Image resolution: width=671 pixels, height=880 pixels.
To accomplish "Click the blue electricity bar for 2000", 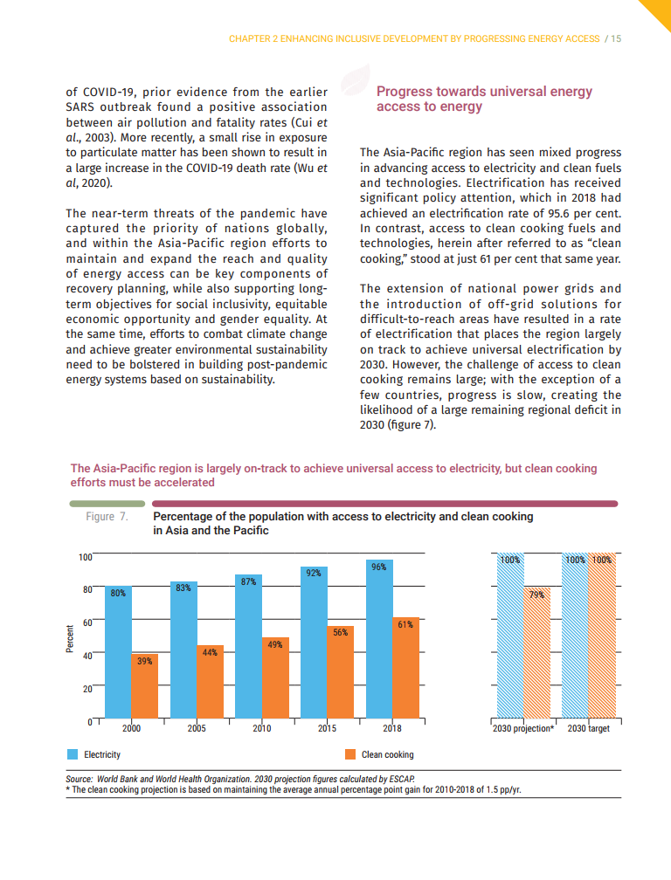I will coord(118,655).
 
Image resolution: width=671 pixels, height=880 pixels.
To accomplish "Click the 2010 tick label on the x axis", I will coord(261,728).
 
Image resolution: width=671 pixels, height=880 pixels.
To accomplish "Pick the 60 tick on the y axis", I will coord(86,622).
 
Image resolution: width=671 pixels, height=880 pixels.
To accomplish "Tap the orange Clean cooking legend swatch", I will coord(351,754).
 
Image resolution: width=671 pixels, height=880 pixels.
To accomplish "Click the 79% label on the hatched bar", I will coord(536,595).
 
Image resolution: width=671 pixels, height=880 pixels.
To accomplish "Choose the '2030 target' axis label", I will coord(589,728).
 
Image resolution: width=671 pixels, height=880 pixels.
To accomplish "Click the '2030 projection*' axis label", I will coord(523,728).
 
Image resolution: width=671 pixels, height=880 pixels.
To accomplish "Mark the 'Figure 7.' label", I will coord(107,517).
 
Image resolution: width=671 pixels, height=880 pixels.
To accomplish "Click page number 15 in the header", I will coord(615,39).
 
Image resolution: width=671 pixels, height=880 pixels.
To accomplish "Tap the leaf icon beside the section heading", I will coord(353,84).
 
